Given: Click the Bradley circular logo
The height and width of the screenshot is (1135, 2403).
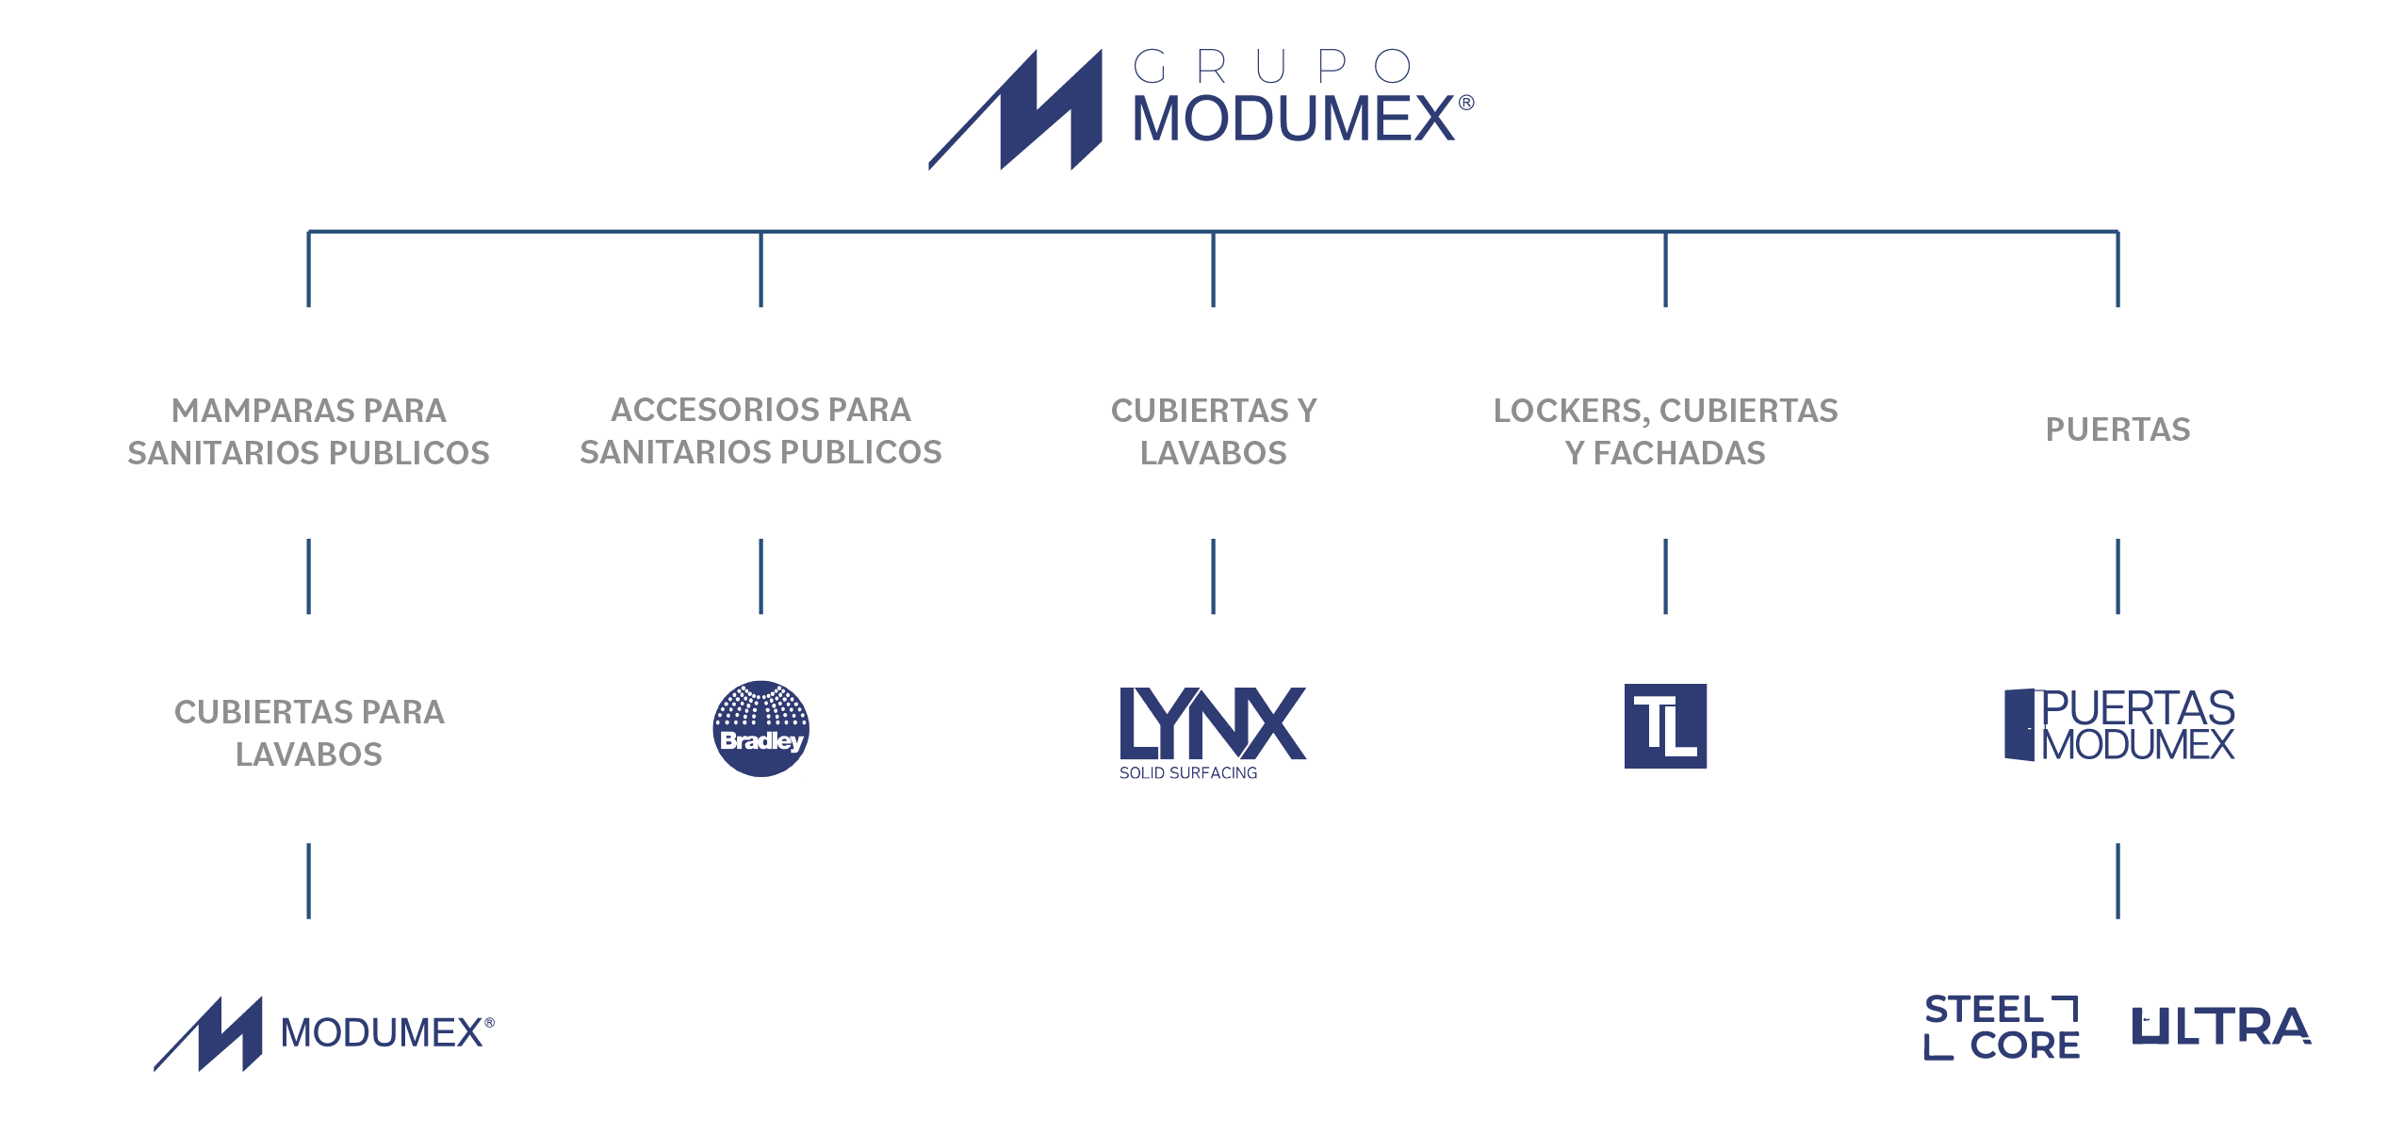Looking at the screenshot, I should coord(760,728).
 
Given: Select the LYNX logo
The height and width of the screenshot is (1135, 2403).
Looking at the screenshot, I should coord(1212,723).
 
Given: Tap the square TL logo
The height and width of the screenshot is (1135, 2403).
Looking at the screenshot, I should coord(1665,726).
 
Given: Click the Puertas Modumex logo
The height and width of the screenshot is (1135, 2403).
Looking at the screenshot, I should coord(2118,725).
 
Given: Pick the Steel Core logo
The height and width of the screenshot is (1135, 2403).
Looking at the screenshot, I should coord(2002,1027).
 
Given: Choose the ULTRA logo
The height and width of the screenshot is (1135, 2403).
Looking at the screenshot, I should coord(2221,1027).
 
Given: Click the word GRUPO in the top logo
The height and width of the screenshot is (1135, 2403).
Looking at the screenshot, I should coord(1272,67).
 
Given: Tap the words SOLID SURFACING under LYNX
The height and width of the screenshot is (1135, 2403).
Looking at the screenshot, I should coord(1187,773).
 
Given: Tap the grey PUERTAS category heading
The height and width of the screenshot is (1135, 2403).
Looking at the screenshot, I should coord(2117,430).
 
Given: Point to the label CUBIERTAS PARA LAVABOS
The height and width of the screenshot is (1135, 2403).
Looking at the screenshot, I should coord(309,733).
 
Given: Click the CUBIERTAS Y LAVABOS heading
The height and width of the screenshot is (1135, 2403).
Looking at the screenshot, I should coord(1213,431).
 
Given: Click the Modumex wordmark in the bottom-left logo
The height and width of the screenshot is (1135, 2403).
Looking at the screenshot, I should coord(382,1033).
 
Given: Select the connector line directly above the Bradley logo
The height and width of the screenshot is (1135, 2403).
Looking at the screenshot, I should coord(760,576).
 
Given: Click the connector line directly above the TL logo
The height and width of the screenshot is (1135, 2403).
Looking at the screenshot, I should coord(1665,576).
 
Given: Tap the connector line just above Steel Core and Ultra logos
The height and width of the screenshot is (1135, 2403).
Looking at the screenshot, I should coord(2117,881).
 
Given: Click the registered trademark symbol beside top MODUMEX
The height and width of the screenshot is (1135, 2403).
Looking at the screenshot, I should coord(1466,103).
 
